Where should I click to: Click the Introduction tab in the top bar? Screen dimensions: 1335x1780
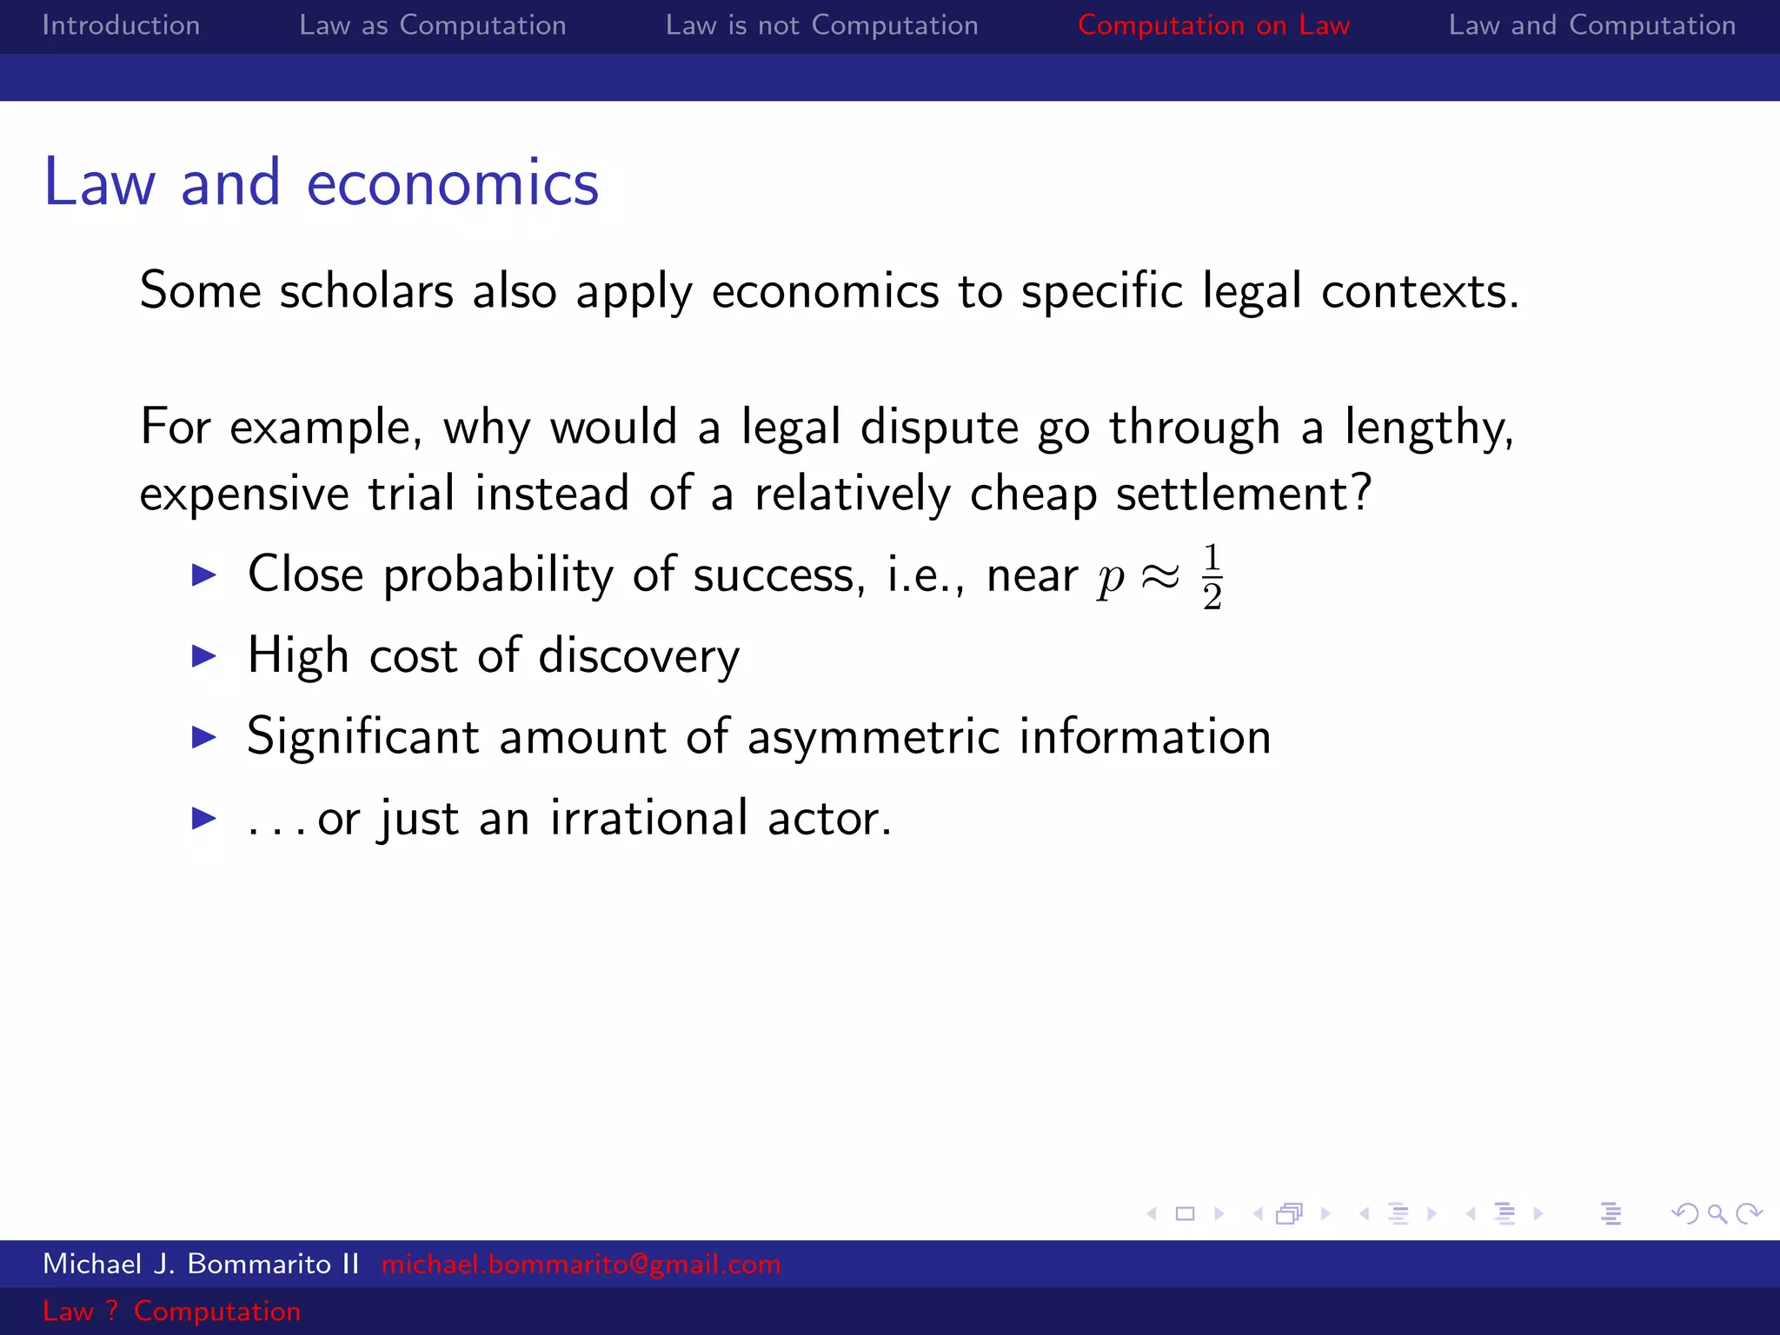pos(121,25)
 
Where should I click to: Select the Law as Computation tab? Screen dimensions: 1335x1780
pos(433,25)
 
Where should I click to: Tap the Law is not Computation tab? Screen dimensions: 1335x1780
pos(821,25)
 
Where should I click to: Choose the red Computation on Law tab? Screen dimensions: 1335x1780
pos(1213,25)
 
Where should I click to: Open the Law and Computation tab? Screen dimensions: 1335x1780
pos(1591,25)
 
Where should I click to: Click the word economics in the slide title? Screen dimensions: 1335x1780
pos(452,183)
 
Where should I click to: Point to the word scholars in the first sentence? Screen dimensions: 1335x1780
pos(366,291)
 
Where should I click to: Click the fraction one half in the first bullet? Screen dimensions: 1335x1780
pos(1212,577)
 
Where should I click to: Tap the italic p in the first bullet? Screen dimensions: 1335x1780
pos(1111,578)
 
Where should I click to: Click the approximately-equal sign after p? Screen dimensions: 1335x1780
pos(1160,575)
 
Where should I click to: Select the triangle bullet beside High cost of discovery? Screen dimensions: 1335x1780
pos(203,656)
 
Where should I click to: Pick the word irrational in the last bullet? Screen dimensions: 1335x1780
pos(648,818)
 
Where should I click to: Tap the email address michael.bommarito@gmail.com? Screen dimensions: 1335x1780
pos(581,1264)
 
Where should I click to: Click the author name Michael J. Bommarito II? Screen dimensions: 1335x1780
pos(201,1264)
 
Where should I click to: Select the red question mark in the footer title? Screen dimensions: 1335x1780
pos(112,1311)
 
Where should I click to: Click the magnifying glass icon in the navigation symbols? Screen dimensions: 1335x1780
pos(1717,1213)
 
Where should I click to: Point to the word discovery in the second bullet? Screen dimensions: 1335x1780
pos(639,656)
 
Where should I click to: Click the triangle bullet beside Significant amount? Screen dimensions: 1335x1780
pos(203,737)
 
